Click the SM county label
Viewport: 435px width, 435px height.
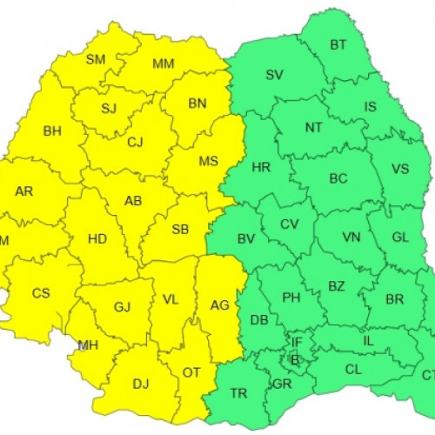(x=95, y=59)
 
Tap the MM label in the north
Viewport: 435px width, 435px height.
(x=163, y=64)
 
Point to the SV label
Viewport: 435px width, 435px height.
(x=274, y=75)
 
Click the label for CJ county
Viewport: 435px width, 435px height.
(x=135, y=142)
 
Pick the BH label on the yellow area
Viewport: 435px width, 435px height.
(x=52, y=130)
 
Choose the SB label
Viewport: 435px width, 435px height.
(x=180, y=230)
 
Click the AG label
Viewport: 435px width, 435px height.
(x=220, y=304)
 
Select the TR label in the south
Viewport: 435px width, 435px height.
(x=238, y=393)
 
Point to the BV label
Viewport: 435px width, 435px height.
(x=246, y=238)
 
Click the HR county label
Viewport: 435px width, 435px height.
(x=260, y=167)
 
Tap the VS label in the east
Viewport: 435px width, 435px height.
(x=400, y=168)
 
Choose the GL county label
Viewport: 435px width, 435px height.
(x=399, y=237)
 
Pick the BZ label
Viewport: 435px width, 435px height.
(x=337, y=284)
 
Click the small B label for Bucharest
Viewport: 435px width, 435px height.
(x=294, y=359)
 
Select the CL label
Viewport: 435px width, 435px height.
(x=353, y=369)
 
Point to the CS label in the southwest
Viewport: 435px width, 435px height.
(x=41, y=293)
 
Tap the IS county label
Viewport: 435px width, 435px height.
(x=371, y=107)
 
